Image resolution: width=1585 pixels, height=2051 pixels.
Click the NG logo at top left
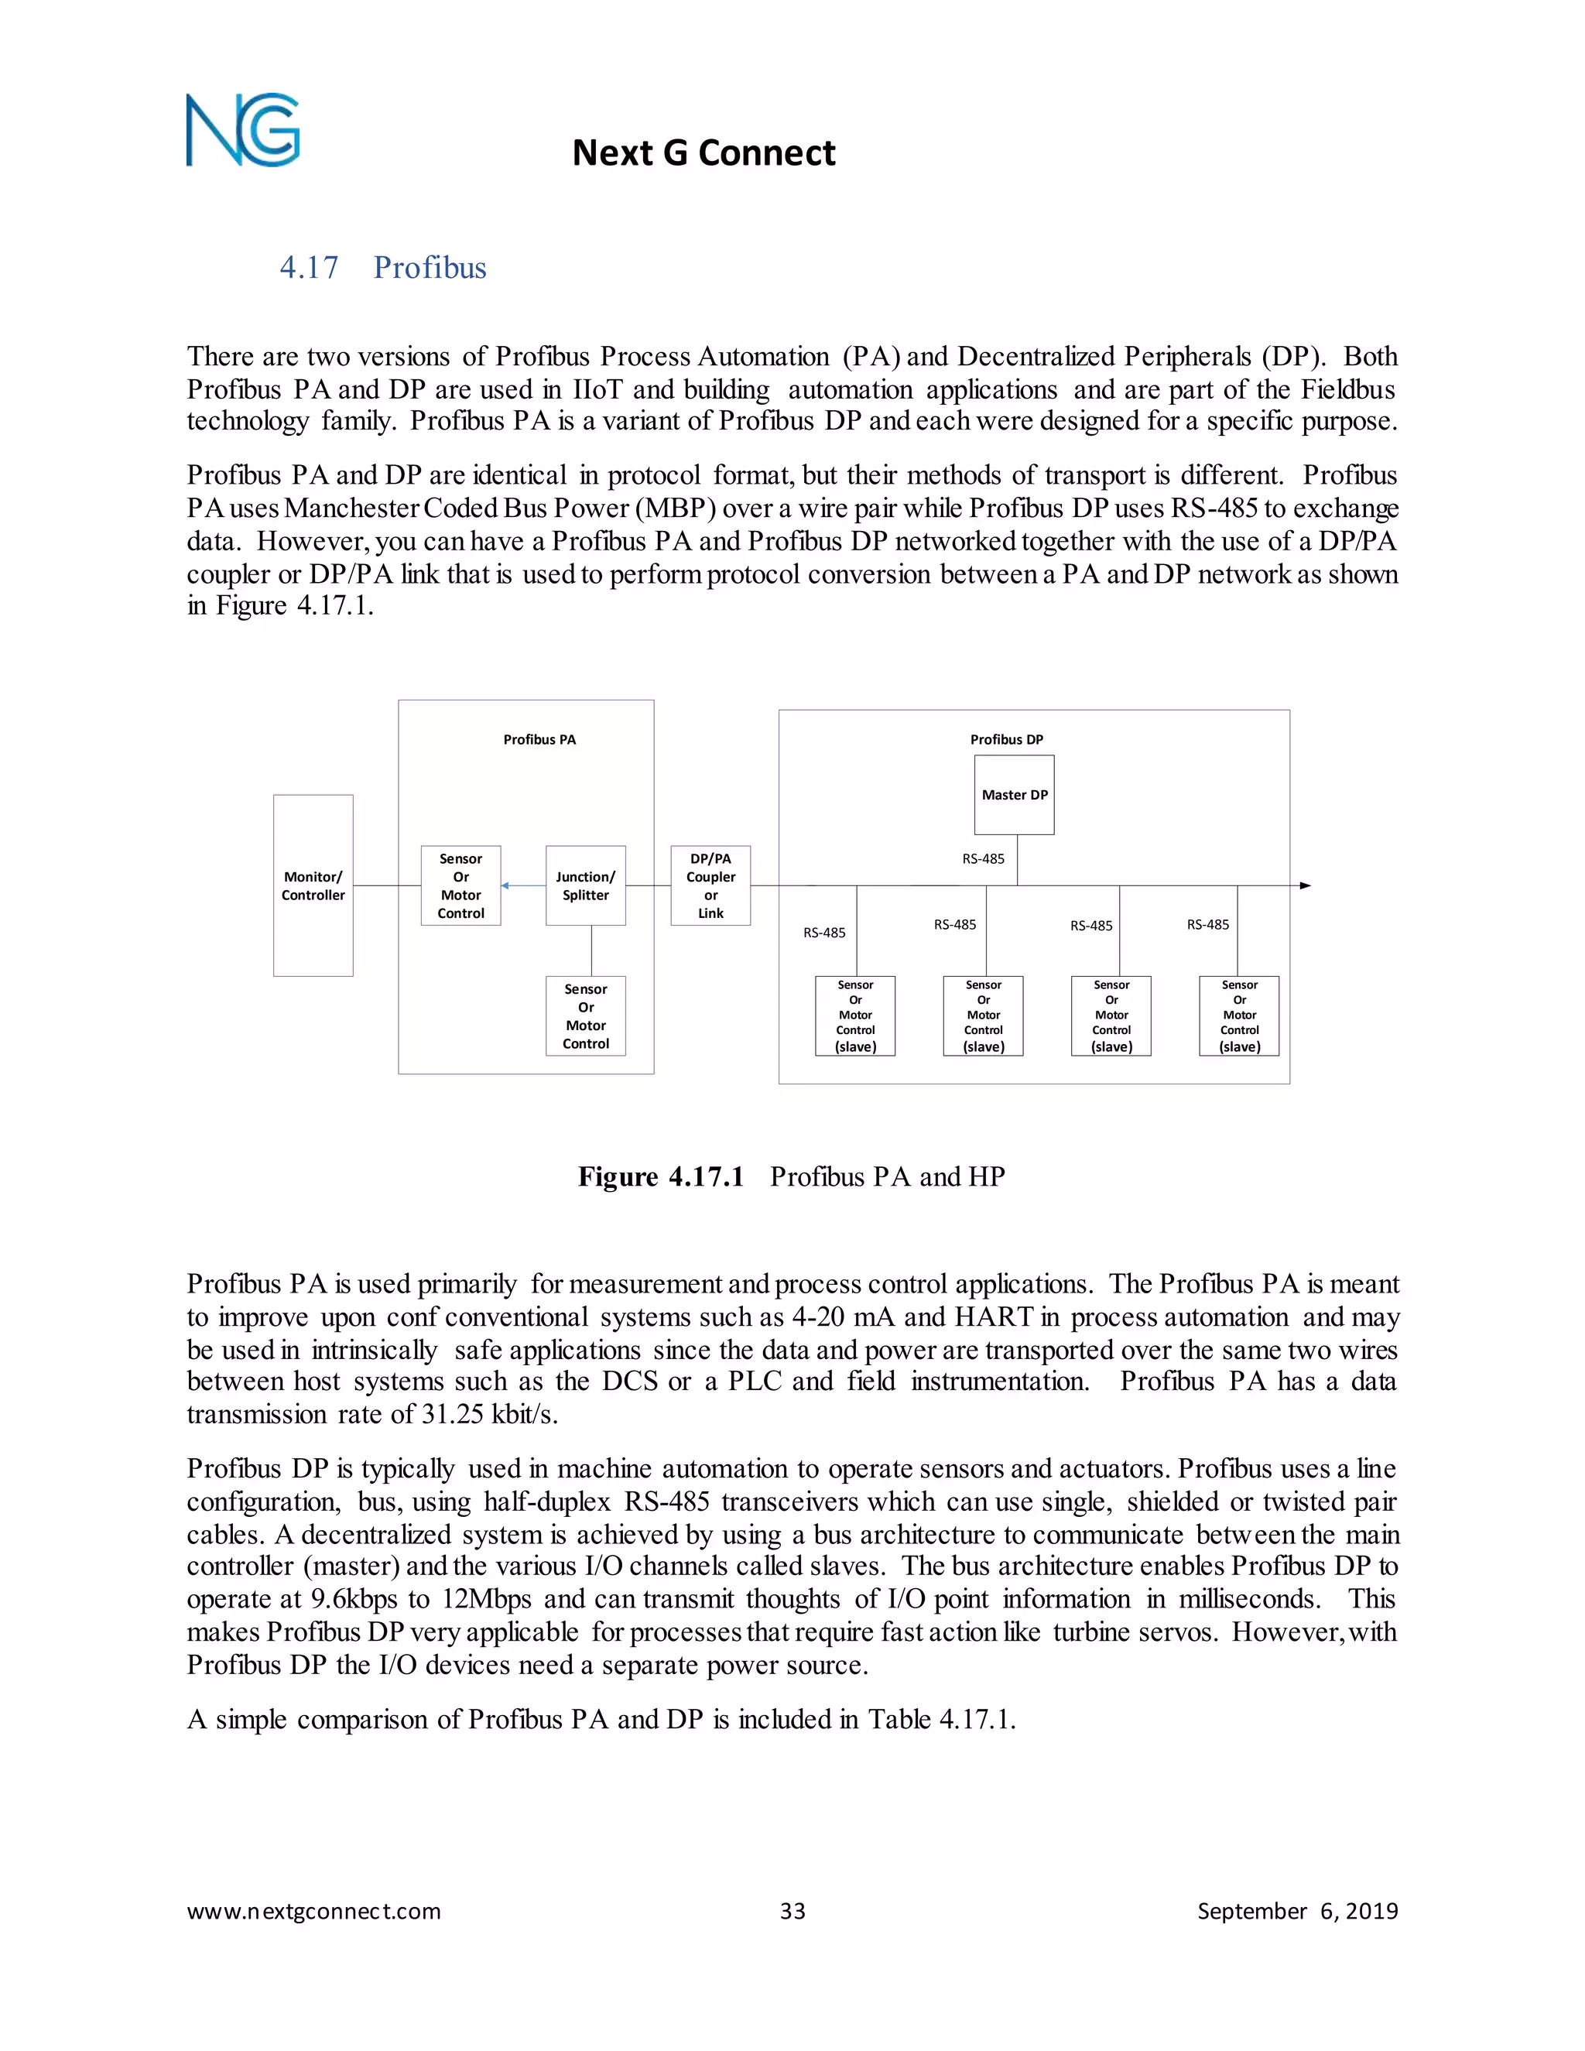(x=242, y=131)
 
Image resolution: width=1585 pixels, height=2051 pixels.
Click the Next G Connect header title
(x=703, y=153)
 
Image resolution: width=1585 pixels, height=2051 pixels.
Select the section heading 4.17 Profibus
(x=382, y=268)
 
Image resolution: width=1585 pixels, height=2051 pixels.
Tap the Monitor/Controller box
(x=313, y=885)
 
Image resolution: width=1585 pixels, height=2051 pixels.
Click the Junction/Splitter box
(x=585, y=885)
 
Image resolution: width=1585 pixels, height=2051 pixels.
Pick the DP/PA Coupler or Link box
(x=710, y=885)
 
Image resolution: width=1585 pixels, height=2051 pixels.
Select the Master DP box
(x=1014, y=795)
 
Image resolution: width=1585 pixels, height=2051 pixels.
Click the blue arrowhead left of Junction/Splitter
(x=505, y=885)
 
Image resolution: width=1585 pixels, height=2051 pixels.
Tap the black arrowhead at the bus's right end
(x=1305, y=885)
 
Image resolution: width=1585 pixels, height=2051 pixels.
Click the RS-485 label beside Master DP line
(x=982, y=858)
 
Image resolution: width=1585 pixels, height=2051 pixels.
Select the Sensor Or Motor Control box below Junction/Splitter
(x=585, y=1016)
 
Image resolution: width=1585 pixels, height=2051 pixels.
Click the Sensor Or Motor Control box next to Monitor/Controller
(x=460, y=885)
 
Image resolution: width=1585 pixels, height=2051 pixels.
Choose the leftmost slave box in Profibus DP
(x=854, y=1016)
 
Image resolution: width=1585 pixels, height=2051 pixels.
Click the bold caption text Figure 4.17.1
(x=660, y=1176)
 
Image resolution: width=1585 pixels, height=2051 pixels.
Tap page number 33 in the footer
(x=792, y=1911)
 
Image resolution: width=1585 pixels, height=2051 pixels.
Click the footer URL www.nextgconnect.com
(x=313, y=1911)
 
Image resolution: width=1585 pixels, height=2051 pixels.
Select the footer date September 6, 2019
(x=1297, y=1911)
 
